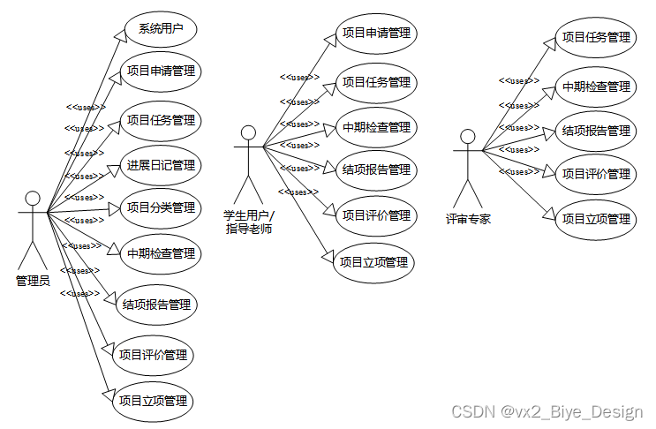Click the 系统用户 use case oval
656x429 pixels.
pos(160,29)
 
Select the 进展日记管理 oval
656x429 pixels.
pos(160,164)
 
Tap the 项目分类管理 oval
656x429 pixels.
pos(160,208)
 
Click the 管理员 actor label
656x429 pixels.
pos(33,281)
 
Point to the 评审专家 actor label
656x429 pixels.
pos(469,219)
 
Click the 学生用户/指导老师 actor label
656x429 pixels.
pos(249,222)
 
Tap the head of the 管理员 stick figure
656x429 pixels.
pos(33,197)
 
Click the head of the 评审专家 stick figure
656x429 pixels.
pos(468,137)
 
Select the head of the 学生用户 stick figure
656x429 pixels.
pos(249,133)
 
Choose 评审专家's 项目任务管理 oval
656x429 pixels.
pos(597,37)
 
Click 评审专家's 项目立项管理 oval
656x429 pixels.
pos(597,218)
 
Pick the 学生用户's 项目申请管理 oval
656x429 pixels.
pos(376,34)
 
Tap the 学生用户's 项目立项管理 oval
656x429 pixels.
pos(373,262)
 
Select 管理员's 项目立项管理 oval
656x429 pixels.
pos(153,401)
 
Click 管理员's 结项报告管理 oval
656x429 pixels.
pos(155,305)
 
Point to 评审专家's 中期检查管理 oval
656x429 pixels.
pos(597,87)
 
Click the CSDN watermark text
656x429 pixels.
pos(547,411)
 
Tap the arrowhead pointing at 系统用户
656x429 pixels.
pos(121,33)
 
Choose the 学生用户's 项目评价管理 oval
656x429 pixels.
pos(376,214)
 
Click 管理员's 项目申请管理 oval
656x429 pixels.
pos(160,71)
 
